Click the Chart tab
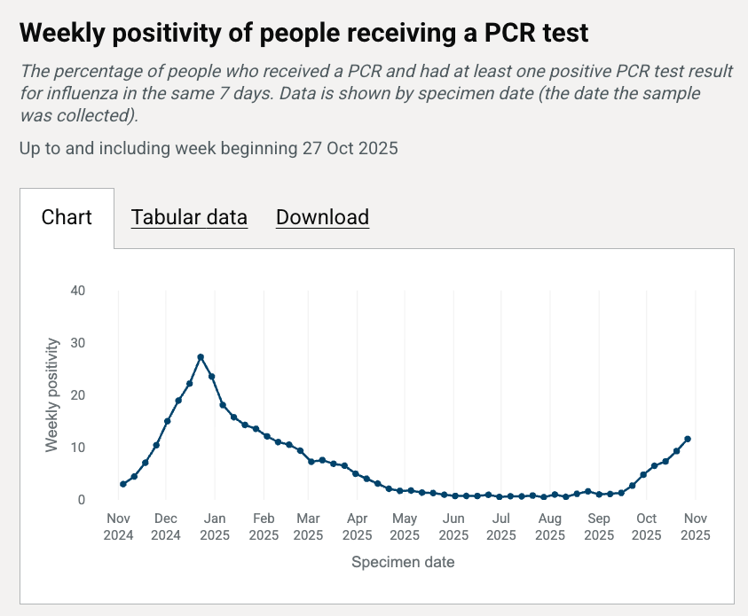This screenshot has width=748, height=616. tap(67, 217)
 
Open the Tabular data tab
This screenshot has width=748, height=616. tap(189, 217)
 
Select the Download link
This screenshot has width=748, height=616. tap(322, 217)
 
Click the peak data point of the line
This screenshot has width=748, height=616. tap(201, 357)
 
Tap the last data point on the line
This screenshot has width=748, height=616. tap(688, 439)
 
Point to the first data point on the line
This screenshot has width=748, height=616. tap(123, 484)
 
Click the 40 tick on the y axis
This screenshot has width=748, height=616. tap(79, 291)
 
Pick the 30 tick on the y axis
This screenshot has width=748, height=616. tap(79, 343)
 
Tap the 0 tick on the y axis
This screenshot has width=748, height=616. tap(82, 500)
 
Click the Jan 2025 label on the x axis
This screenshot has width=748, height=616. tap(215, 527)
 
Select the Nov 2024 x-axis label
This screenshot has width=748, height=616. tap(118, 527)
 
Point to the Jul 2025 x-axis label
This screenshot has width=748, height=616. tap(501, 527)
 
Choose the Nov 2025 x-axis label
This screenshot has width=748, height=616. tap(695, 527)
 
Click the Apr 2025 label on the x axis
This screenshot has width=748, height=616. tap(358, 527)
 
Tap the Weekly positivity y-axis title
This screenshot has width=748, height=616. tap(53, 394)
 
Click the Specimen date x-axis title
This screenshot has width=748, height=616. tap(403, 562)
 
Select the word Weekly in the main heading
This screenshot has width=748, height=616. tap(59, 34)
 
